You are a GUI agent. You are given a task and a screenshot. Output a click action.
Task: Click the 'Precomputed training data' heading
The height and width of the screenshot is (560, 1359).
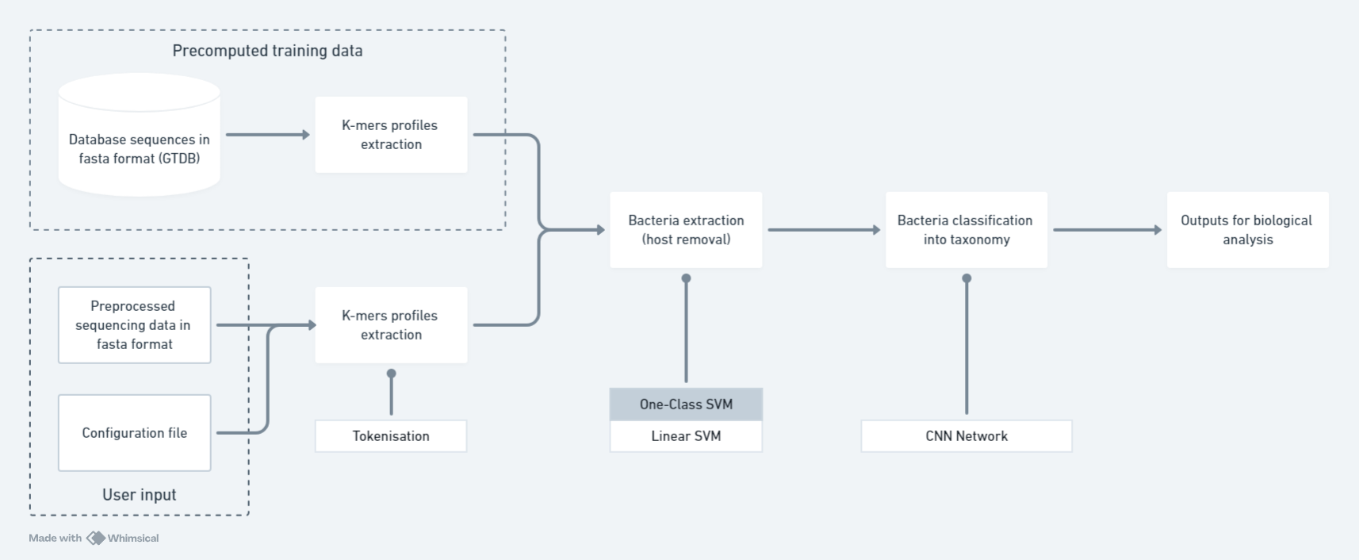tap(267, 51)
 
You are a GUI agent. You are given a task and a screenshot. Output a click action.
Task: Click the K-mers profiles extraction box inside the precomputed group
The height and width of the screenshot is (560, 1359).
tap(391, 135)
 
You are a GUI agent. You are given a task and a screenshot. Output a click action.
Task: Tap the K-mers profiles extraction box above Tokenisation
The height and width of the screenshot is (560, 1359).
tap(391, 325)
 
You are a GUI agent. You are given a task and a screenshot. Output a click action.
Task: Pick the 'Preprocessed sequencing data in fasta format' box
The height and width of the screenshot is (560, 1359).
tap(134, 325)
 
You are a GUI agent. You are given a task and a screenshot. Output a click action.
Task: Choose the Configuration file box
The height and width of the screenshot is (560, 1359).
tap(134, 433)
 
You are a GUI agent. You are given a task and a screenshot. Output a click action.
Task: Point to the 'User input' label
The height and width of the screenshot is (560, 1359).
tap(140, 495)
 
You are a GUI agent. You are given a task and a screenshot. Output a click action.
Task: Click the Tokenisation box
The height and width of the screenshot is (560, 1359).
tap(391, 436)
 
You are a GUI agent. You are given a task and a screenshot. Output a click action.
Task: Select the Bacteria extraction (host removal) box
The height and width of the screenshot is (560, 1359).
tap(686, 230)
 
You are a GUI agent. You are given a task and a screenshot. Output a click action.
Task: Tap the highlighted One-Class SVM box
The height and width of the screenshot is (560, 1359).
tap(686, 405)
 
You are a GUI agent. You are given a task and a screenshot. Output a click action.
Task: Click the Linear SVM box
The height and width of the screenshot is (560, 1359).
tap(686, 436)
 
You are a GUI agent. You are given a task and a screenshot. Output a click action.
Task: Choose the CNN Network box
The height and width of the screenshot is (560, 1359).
tap(967, 436)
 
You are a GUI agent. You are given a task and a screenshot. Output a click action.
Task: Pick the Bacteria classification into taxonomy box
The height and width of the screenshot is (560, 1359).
tap(966, 230)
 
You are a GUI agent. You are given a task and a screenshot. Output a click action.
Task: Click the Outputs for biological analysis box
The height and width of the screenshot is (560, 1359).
tap(1247, 230)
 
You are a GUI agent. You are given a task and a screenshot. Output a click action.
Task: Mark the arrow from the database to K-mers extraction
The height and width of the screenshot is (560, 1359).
tap(267, 135)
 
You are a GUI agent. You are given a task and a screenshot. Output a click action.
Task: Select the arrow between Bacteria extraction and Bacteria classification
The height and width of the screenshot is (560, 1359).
tap(823, 230)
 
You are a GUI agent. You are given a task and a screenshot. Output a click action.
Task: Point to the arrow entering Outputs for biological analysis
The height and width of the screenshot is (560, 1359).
tap(1106, 230)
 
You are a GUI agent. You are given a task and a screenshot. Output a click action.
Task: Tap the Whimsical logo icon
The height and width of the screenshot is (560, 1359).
tap(96, 538)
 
